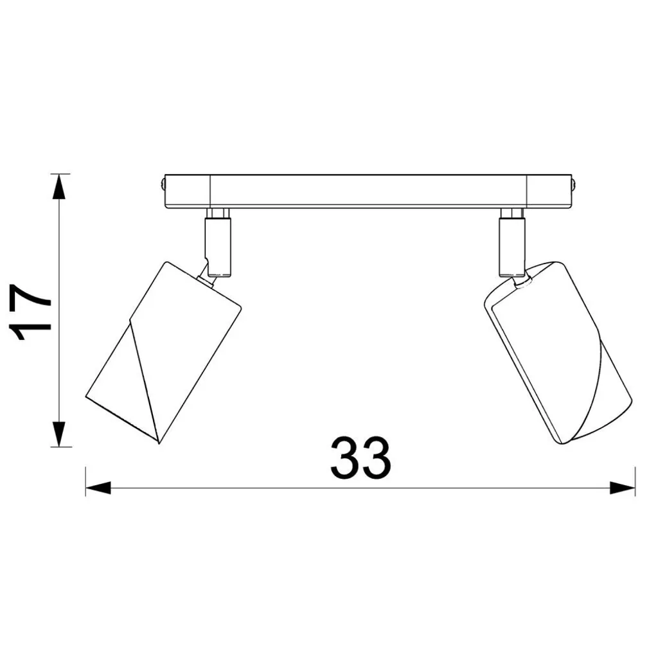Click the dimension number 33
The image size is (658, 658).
click(x=361, y=458)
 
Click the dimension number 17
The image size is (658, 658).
click(x=32, y=312)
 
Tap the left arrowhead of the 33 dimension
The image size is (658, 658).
click(x=98, y=488)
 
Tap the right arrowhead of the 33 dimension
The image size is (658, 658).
click(x=622, y=488)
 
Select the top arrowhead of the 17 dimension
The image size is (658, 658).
click(x=59, y=187)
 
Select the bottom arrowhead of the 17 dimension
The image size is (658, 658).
click(x=59, y=434)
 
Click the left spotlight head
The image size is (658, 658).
click(x=164, y=353)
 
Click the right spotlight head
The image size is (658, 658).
click(x=558, y=353)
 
